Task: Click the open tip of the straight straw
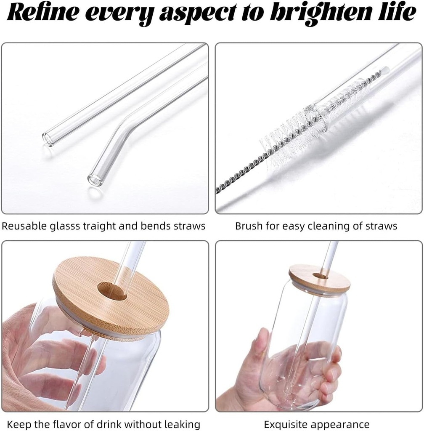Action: point(48,138)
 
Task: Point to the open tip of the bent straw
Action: point(93,178)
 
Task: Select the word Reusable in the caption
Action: point(24,226)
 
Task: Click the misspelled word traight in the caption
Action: point(100,226)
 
